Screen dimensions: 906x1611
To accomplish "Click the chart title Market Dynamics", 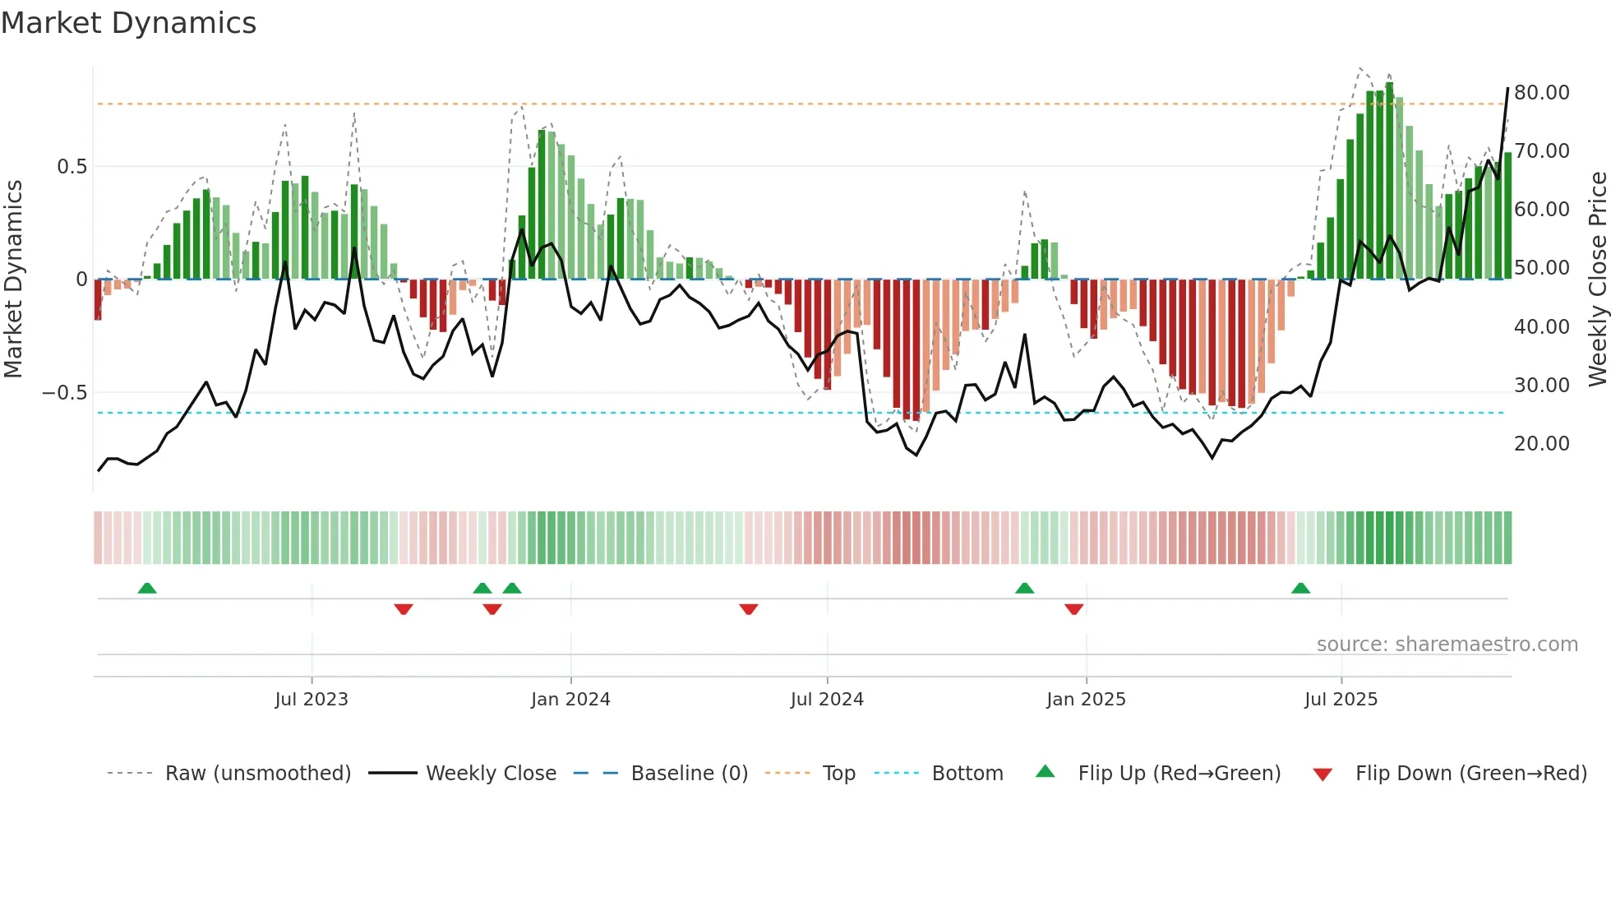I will pos(129,23).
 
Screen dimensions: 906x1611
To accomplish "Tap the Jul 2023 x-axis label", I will pos(312,700).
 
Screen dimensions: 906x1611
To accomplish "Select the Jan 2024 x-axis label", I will pos(570,700).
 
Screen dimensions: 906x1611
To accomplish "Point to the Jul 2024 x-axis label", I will pos(827,700).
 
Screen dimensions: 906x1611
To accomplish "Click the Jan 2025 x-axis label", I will pos(1086,700).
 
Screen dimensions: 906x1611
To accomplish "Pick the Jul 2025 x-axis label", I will pos(1341,700).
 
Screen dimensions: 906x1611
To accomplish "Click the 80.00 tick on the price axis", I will pos(1542,93).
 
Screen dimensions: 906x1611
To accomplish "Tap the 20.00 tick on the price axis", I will pos(1542,444).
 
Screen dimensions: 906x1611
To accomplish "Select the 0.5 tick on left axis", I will pos(72,167).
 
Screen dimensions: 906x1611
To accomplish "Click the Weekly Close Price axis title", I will pos(1597,280).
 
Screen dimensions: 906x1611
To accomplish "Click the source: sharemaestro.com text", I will pos(1447,645).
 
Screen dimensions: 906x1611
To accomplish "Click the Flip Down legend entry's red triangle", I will pos(1322,774).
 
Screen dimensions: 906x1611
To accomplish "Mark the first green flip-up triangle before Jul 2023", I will pos(147,588).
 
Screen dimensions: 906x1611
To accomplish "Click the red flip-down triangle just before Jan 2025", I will pos(1073,609).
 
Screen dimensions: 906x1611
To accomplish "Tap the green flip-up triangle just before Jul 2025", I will pos(1300,588).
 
